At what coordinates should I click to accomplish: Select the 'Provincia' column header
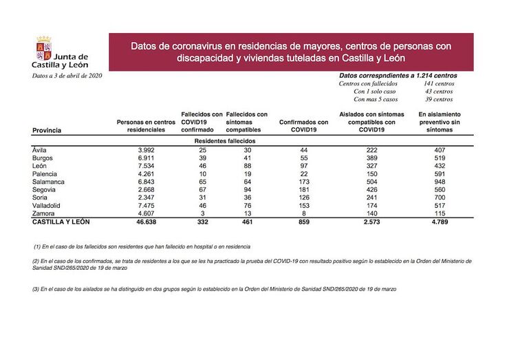click(x=47, y=129)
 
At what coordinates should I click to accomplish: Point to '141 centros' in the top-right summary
click(x=439, y=83)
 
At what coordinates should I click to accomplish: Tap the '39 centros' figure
click(x=439, y=100)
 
